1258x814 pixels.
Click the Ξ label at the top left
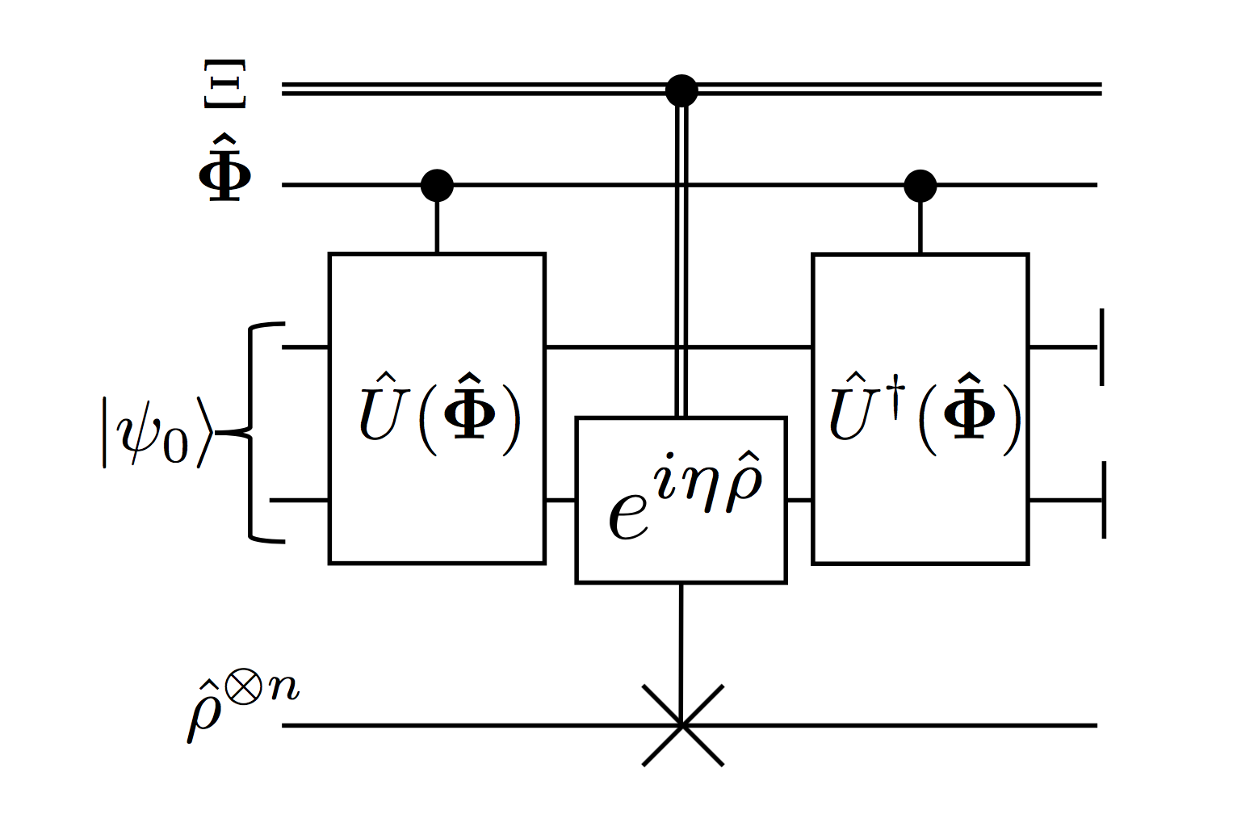[x=224, y=83]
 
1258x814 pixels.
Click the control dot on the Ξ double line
[x=681, y=90]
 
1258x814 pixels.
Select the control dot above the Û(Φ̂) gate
[x=437, y=186]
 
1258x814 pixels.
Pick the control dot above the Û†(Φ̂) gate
[x=920, y=186]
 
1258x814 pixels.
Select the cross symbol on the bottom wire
[x=682, y=725]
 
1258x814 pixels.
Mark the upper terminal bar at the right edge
[x=1102, y=347]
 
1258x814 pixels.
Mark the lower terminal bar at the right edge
[x=1103, y=500]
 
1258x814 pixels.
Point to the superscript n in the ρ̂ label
[x=283, y=689]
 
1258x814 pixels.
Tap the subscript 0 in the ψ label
[x=176, y=446]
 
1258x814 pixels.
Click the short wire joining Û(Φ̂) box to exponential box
[x=560, y=501]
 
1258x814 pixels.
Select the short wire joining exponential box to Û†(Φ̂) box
[x=799, y=501]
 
